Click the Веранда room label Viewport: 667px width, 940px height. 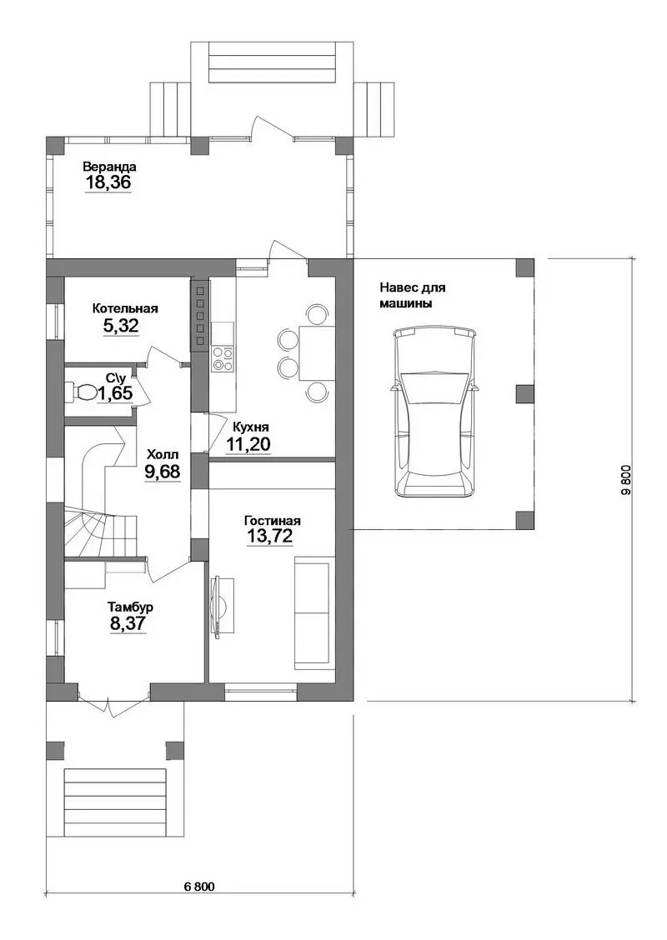110,167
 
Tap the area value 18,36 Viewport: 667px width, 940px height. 108,182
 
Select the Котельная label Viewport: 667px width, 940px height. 125,308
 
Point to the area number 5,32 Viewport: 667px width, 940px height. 121,326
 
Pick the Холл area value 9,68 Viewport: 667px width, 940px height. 162,471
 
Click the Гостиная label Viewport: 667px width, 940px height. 273,521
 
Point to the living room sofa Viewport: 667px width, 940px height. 312,612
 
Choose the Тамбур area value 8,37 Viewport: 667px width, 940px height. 128,623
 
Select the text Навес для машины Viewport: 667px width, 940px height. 412,296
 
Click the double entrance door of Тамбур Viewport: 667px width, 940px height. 113,700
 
